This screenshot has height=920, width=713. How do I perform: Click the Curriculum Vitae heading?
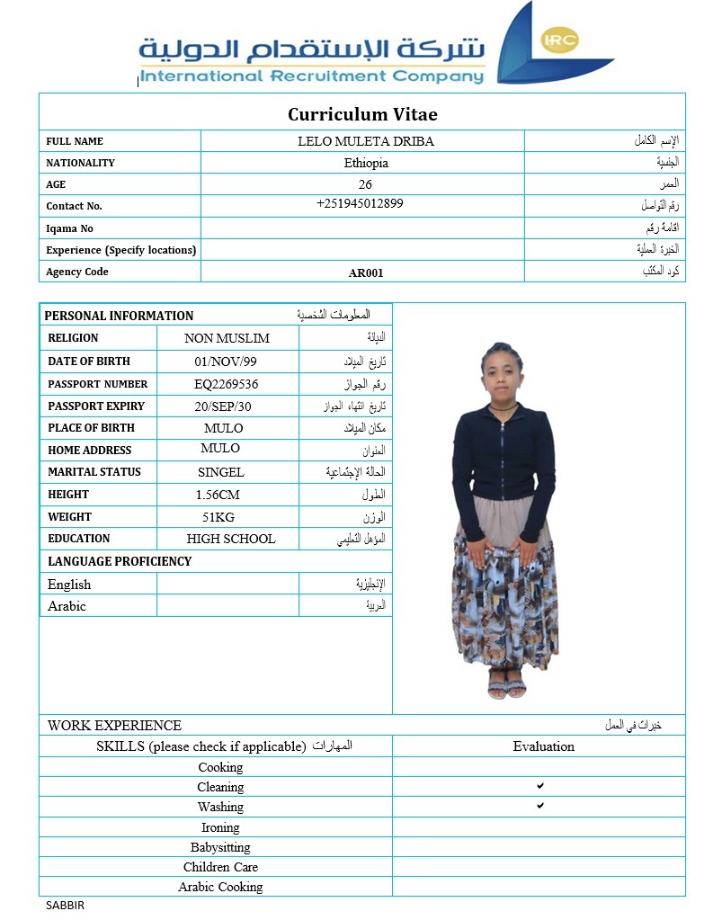point(362,114)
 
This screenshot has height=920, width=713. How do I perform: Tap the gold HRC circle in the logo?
point(560,40)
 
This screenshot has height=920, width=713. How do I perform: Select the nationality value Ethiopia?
point(366,163)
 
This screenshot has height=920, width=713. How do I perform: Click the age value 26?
point(365,184)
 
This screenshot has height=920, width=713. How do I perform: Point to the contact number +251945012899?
point(360,203)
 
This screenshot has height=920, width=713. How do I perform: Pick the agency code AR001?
point(366,272)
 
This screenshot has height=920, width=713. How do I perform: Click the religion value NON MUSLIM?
point(227,338)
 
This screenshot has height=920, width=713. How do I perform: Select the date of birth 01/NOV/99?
point(226,362)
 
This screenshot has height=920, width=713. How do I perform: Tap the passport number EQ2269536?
point(227,384)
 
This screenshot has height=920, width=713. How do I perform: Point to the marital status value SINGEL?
point(221,472)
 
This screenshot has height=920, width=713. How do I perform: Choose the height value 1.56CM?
point(218,495)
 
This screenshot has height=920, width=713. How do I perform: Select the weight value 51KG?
point(218,517)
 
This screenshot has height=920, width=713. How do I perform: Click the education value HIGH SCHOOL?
point(231,539)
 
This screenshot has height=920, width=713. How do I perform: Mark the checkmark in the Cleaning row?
point(540,786)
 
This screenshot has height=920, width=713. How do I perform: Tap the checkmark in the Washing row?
point(540,806)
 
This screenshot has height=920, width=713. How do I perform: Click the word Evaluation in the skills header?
point(543,746)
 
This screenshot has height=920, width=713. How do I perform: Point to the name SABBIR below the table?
point(65,906)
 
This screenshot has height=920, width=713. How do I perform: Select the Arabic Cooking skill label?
point(220,887)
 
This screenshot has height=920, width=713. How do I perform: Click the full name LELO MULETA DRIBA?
point(366,141)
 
